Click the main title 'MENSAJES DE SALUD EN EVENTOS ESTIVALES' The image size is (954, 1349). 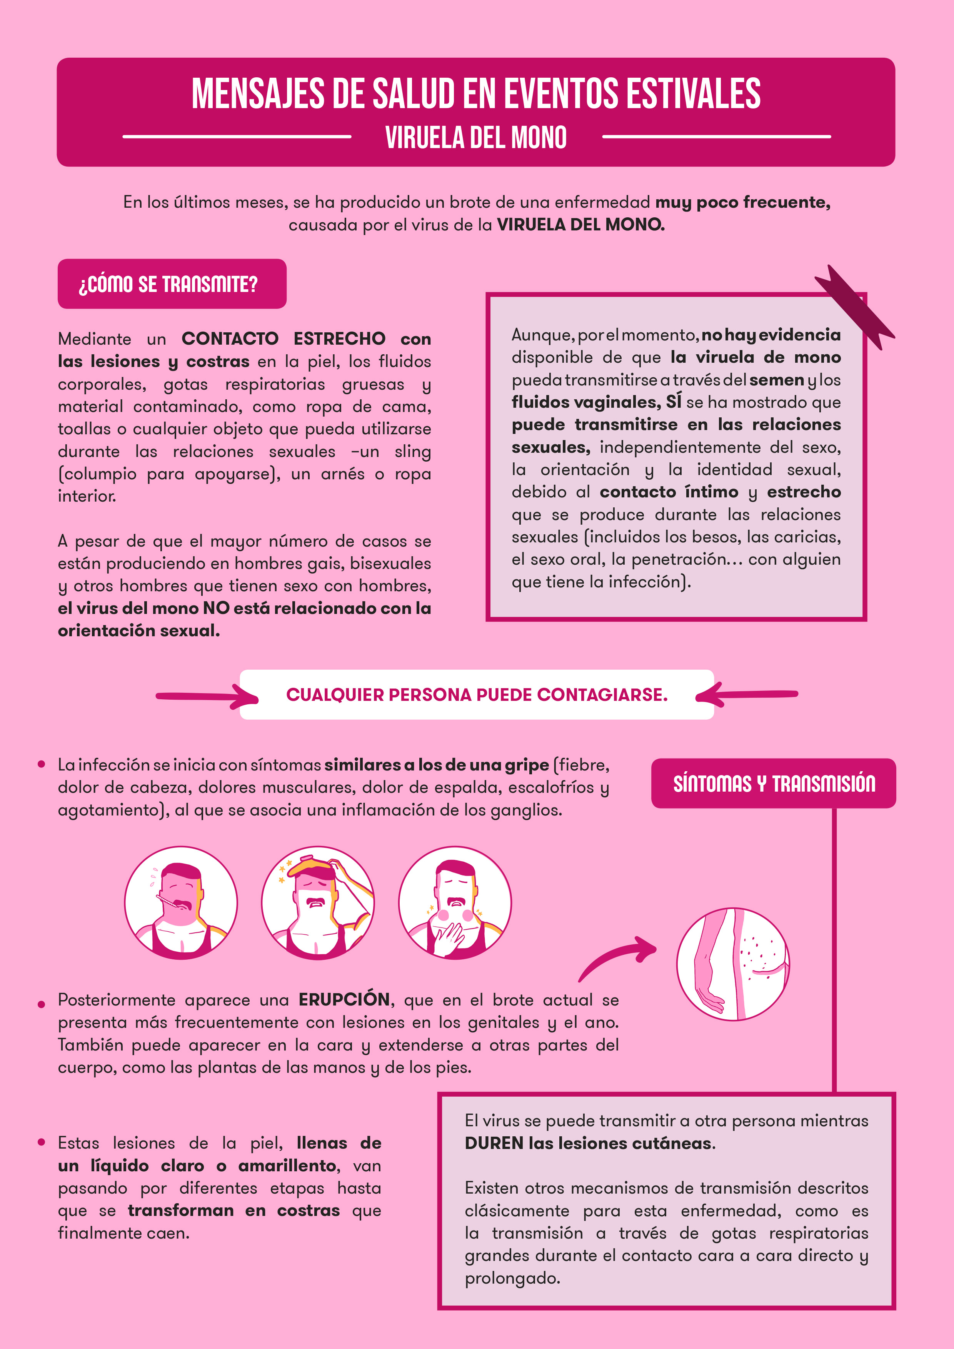pyautogui.click(x=476, y=93)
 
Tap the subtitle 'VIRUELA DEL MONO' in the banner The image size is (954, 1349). pyautogui.click(x=476, y=137)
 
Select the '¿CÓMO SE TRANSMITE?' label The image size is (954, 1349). pyautogui.click(x=168, y=284)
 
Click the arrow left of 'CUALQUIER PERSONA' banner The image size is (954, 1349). pyautogui.click(x=207, y=696)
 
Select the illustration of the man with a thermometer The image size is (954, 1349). pyautogui.click(x=181, y=903)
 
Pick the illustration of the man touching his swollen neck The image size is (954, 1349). pyautogui.click(x=455, y=903)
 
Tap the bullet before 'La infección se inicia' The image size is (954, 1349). pyautogui.click(x=41, y=764)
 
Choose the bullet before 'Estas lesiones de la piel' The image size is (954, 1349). pyautogui.click(x=41, y=1142)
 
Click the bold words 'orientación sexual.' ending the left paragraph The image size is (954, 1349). pyautogui.click(x=138, y=630)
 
